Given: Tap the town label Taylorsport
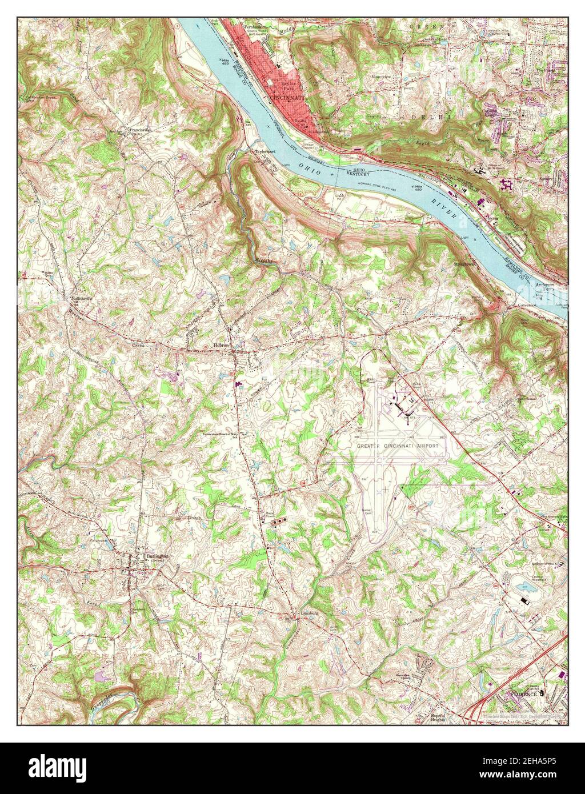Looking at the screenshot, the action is point(265,152).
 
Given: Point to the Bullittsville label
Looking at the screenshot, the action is point(81,298).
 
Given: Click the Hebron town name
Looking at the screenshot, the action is point(221,346).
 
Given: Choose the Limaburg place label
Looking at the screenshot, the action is point(309,615).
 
